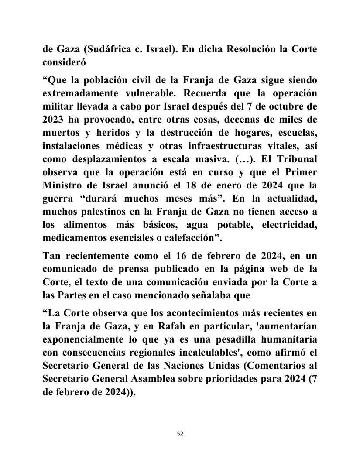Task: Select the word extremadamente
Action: coord(81,94)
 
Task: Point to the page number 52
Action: coord(180,434)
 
